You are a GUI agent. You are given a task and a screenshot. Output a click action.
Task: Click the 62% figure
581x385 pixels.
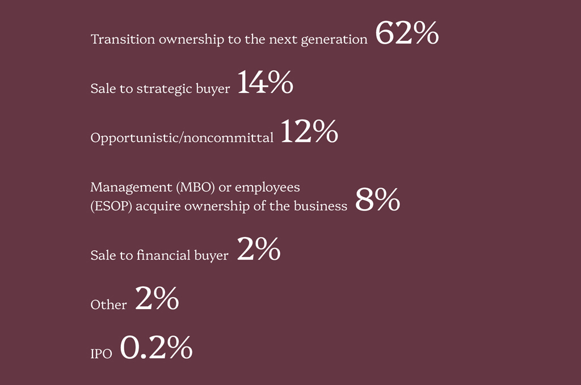point(406,33)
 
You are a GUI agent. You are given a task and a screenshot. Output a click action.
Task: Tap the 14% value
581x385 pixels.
point(264,83)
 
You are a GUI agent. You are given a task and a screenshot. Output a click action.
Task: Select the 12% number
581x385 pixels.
point(309,132)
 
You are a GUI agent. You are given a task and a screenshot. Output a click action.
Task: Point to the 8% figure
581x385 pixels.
point(377,200)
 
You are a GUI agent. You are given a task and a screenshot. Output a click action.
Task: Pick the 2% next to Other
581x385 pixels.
point(157,299)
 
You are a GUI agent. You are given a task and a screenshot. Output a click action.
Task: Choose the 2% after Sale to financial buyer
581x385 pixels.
point(258,249)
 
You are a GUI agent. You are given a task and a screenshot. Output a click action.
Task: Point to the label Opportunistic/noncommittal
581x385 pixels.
point(182,138)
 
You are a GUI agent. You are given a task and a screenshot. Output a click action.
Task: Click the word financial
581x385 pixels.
point(163,256)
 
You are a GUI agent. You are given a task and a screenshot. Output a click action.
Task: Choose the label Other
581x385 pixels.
point(108,305)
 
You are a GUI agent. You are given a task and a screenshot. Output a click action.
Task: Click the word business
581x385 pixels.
point(321,206)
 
